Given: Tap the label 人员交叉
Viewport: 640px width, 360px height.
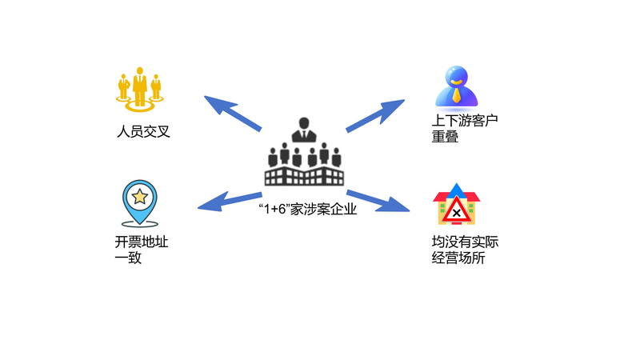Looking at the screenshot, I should point(143,131).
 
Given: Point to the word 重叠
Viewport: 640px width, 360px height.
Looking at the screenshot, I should point(445,138).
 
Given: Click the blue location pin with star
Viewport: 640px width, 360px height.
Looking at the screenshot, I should point(139,202).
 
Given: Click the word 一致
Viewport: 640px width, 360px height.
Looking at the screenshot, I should point(128,258).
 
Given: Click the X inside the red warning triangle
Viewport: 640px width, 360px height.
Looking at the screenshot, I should point(456,213).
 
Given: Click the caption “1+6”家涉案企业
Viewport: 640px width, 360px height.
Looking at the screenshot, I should point(307,210).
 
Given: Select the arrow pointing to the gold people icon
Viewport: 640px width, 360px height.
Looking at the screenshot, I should point(233,113).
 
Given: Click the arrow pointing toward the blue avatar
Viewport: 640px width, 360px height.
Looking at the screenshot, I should point(375,116).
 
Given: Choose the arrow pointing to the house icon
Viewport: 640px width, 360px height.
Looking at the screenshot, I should point(378,200).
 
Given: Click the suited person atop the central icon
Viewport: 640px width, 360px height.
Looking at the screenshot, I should point(304,129).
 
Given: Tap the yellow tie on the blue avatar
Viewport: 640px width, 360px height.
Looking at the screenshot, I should point(457,96).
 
